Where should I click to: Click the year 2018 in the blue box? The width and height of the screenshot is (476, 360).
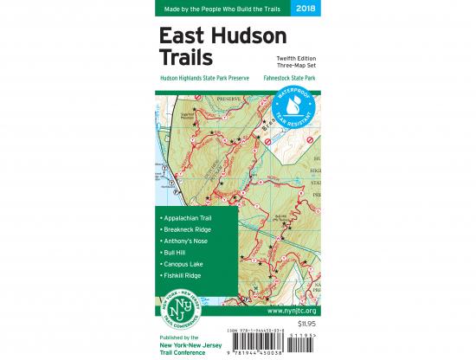coord(305,9)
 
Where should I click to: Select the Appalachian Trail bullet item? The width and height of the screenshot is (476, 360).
coord(185,217)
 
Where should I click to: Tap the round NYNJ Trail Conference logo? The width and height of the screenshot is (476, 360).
coord(179,307)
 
